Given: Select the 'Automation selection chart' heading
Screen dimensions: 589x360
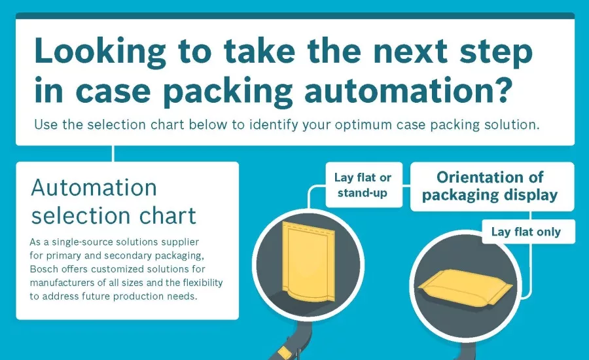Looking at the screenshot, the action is tap(113, 202).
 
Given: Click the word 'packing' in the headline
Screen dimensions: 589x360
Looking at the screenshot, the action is tap(228, 91).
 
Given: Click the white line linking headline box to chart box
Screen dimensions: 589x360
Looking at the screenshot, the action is tap(113, 154).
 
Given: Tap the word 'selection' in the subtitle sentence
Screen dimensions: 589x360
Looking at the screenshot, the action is tap(116, 125).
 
